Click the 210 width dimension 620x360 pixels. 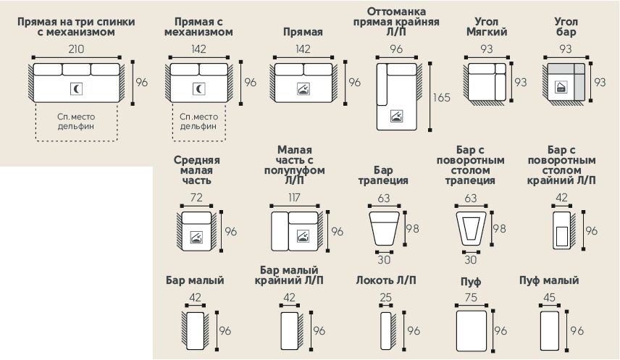(76, 50)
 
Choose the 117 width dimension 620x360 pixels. (293, 198)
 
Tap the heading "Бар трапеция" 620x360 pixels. (383, 175)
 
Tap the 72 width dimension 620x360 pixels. (196, 198)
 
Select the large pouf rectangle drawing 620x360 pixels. (471, 330)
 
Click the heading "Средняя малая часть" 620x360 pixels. (197, 171)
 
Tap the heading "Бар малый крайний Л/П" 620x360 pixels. (290, 275)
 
